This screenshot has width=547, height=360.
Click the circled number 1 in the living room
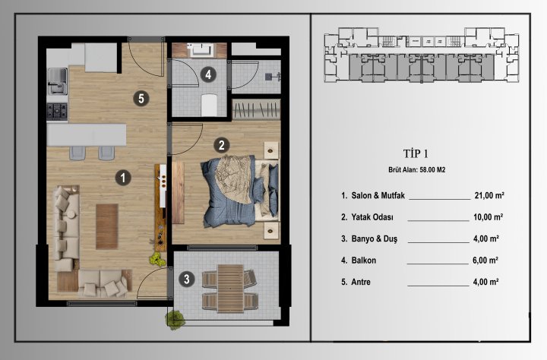pos(122,177)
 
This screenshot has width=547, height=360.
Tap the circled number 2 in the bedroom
pos(220,144)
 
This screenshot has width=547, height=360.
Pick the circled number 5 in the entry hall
pos(138,97)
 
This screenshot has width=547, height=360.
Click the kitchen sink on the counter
pos(57,77)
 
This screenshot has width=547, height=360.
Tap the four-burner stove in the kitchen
pos(57,112)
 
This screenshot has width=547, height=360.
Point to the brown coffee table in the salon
pos(107,226)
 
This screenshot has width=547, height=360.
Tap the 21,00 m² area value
pos(489,195)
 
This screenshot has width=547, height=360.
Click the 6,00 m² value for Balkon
pos(484,260)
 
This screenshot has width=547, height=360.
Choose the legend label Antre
pos(362,282)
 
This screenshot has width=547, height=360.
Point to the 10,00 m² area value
pos(489,216)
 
